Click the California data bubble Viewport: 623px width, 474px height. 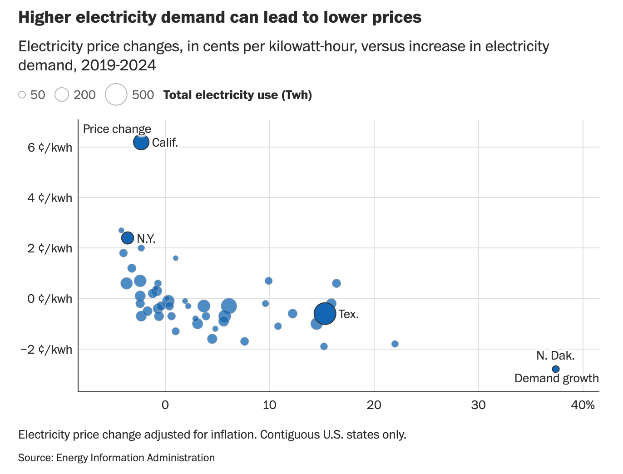[141, 142]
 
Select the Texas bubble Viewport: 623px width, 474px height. [325, 313]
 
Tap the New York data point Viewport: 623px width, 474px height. [128, 237]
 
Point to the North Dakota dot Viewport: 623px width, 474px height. [555, 369]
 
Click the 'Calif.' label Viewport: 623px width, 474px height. [165, 143]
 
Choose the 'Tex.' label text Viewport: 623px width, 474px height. [349, 314]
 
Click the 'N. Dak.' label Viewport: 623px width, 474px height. [555, 355]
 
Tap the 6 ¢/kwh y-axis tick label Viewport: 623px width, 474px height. [50, 148]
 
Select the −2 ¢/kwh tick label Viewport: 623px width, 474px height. [46, 350]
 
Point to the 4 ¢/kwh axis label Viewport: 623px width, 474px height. [50, 198]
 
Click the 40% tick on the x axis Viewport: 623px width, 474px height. [583, 405]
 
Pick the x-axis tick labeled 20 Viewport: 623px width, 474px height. [374, 405]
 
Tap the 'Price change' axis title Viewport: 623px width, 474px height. [117, 129]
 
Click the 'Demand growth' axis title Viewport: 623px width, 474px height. [556, 378]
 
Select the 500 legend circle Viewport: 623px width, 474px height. [116, 94]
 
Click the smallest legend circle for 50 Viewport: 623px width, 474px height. [22, 95]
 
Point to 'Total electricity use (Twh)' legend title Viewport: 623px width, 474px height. [237, 95]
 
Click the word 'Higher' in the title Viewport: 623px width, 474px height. [44, 17]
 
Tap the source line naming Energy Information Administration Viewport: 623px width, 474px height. [116, 458]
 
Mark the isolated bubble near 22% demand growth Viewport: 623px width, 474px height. [395, 344]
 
